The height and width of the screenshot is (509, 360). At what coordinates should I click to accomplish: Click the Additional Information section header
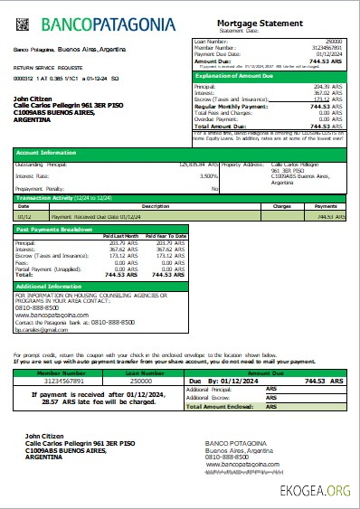[x=52, y=286]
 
